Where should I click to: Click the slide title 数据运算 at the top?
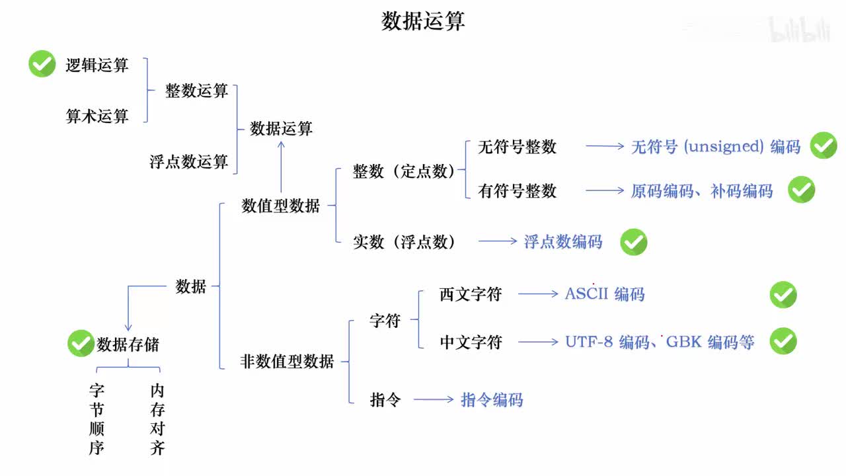[423, 21]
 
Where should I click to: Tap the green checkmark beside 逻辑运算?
[42, 64]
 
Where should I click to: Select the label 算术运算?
[96, 116]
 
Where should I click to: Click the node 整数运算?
[196, 91]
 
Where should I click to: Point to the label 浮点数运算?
[188, 161]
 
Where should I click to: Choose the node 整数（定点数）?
[404, 172]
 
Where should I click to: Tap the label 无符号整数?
[517, 147]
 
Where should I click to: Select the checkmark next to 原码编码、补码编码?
[801, 190]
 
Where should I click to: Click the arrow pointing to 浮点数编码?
[498, 241]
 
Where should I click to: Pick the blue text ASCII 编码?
[604, 294]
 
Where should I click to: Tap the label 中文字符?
[471, 342]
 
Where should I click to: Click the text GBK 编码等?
[710, 342]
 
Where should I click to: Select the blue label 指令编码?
[491, 400]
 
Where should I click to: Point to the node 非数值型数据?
[287, 362]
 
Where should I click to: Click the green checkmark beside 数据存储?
[81, 344]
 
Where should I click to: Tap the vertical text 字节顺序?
[96, 420]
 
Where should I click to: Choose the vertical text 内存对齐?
[157, 420]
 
